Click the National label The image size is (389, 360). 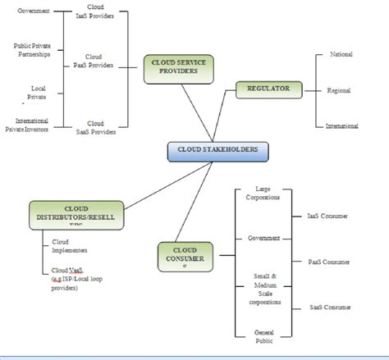(341, 55)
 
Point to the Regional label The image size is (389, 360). (340, 90)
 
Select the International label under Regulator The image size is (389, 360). (342, 125)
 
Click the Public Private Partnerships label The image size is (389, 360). (34, 50)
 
